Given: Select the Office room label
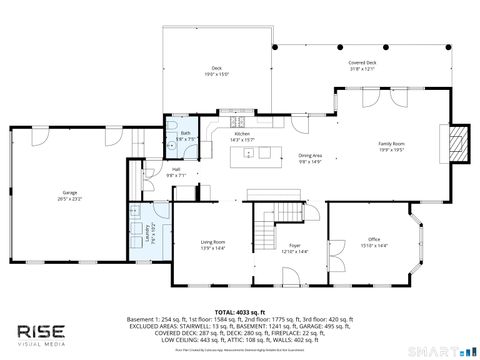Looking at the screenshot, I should [373, 240].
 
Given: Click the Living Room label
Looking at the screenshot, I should [212, 243].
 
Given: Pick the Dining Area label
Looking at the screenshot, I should [310, 156].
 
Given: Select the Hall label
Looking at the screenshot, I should [176, 169].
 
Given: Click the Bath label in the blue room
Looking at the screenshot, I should [186, 133].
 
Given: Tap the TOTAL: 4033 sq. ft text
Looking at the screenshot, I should [239, 311].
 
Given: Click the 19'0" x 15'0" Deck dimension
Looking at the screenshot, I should [217, 74].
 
